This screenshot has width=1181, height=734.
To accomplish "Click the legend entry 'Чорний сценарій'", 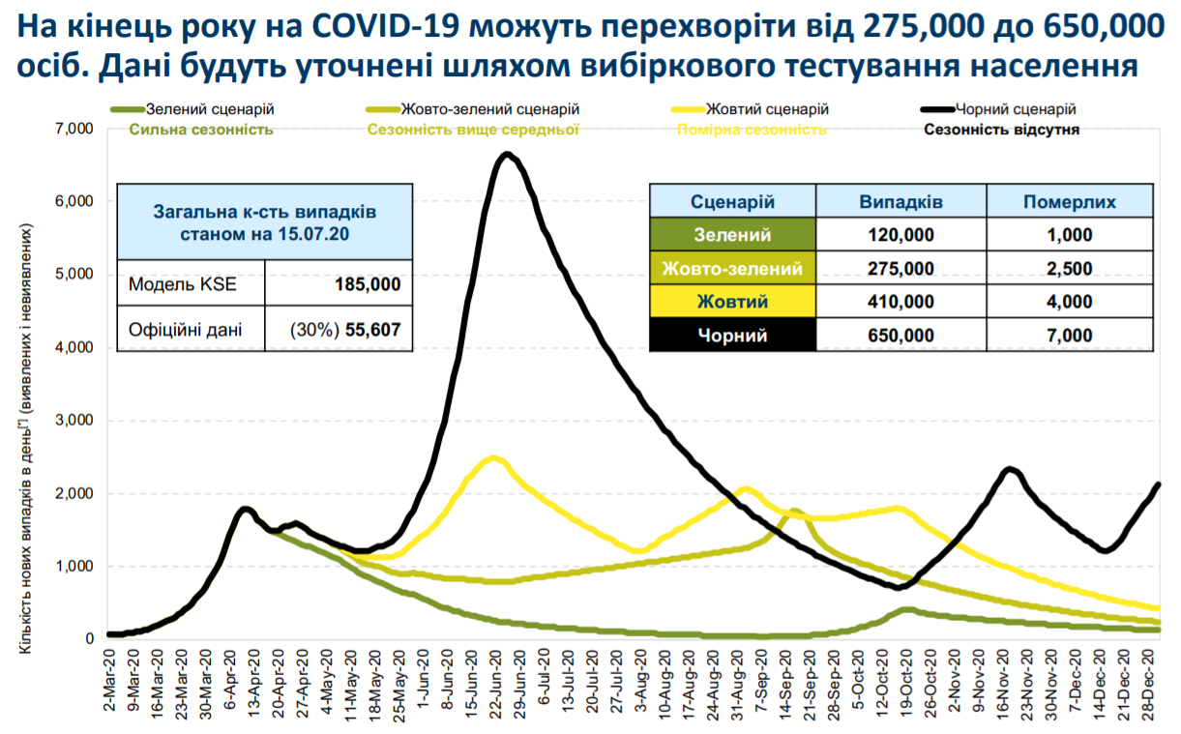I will point(1015,110).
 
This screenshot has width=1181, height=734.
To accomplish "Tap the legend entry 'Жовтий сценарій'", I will point(767,110).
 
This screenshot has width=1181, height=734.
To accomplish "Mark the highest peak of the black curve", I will point(507,155).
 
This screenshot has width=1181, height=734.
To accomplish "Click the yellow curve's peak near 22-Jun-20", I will point(494,458).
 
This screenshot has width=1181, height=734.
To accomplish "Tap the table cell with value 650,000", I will point(901,336).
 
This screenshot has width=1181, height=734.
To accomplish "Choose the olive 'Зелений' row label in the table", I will point(732,234).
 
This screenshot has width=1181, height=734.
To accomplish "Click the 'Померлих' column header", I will point(1069,202).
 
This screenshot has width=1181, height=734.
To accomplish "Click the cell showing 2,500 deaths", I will point(1069,269).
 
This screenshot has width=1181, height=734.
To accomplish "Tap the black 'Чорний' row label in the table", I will point(732,336).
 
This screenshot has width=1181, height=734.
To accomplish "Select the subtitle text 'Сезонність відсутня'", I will point(1002,129).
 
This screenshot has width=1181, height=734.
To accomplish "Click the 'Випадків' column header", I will point(901,202).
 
